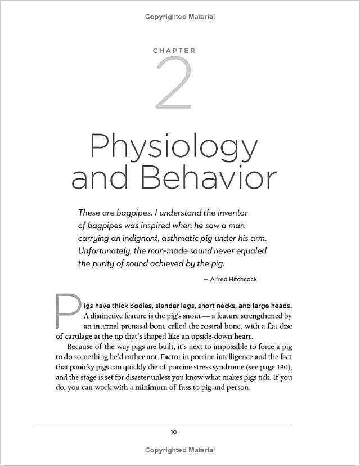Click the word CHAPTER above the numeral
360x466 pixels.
coord(174,51)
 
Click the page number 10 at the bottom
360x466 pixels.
coord(174,432)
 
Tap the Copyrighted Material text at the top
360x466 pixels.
coord(180,17)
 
